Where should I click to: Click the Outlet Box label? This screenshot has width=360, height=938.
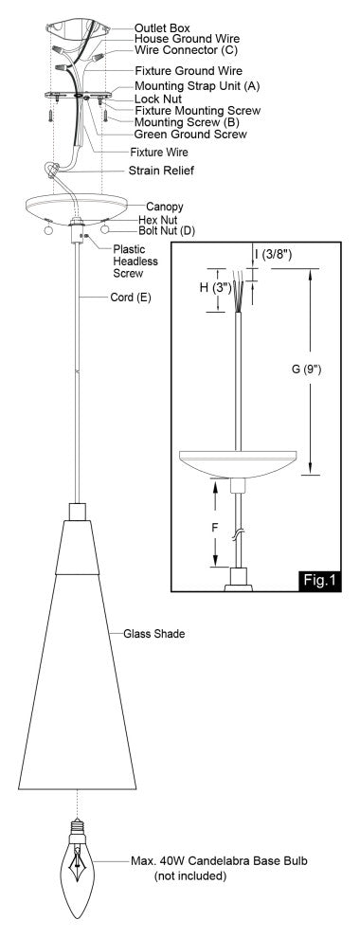(162, 28)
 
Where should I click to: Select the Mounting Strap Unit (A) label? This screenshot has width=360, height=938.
(197, 86)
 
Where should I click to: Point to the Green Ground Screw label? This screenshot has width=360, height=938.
(190, 134)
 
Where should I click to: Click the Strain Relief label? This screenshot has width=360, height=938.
(161, 171)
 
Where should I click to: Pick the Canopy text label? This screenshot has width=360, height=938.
(165, 207)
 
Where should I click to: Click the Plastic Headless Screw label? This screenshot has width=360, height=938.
(135, 262)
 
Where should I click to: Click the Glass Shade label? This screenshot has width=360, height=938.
(153, 633)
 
